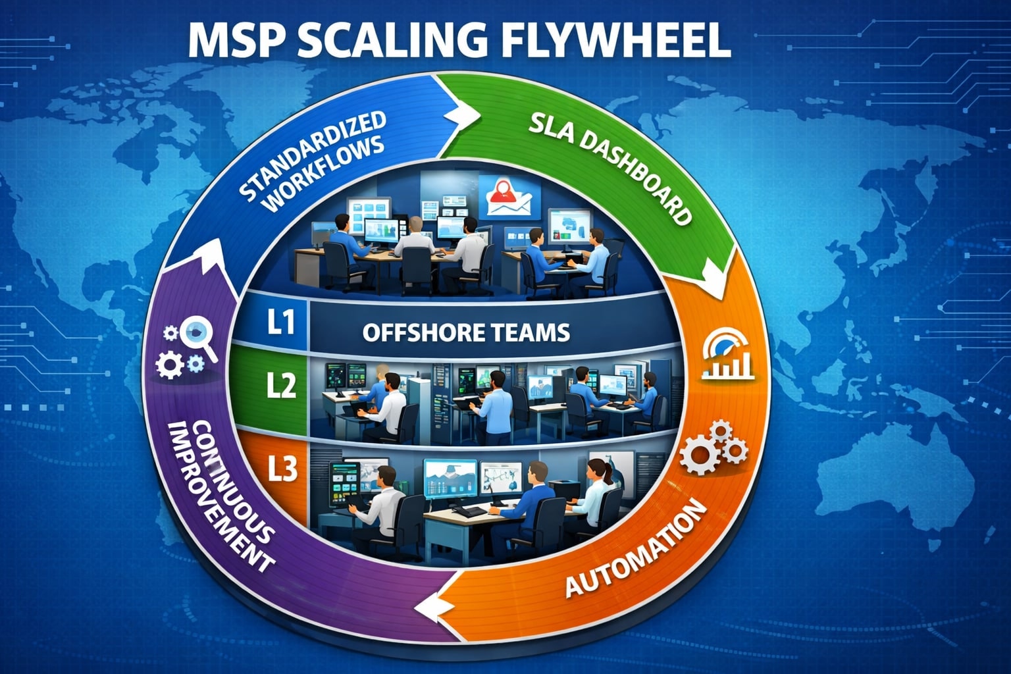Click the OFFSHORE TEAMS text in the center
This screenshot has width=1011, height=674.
pyautogui.click(x=465, y=332)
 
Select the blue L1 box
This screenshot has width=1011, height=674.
pyautogui.click(x=280, y=323)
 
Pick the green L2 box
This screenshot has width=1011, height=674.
pyautogui.click(x=280, y=385)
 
